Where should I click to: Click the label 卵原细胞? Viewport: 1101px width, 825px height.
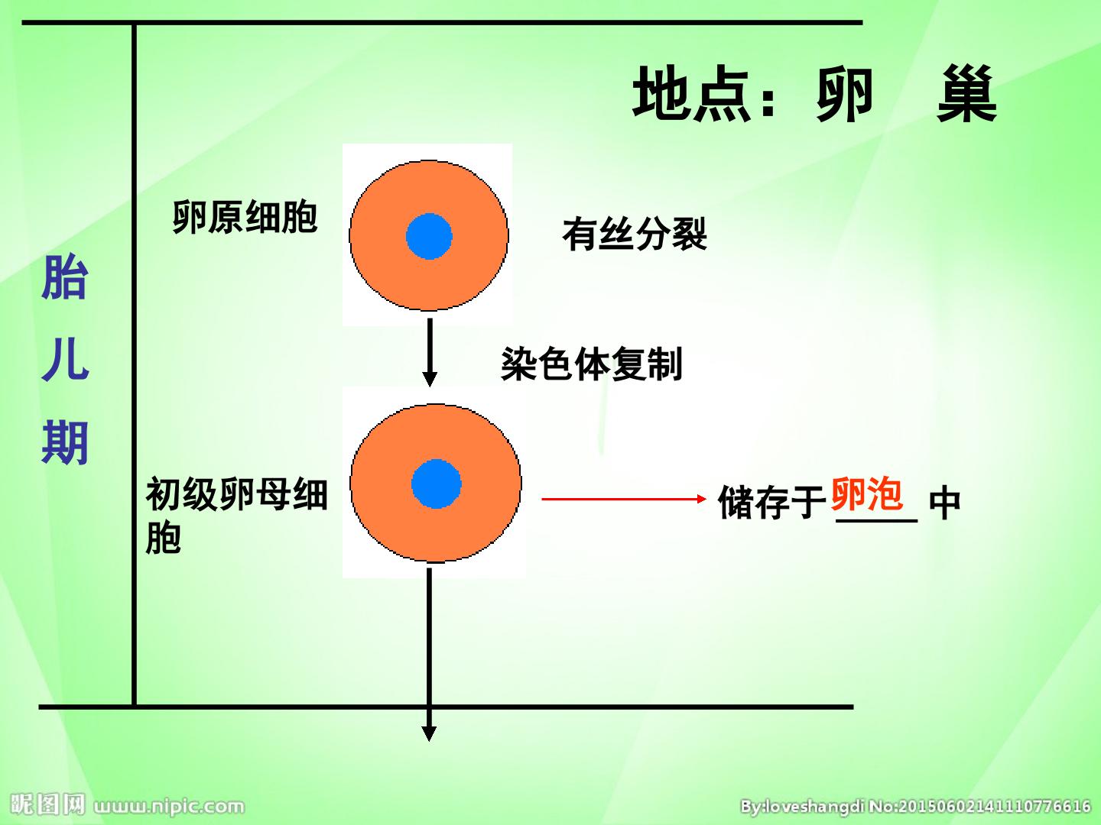[245, 217]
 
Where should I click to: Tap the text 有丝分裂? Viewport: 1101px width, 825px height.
[635, 234]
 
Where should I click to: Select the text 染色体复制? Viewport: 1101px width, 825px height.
[592, 364]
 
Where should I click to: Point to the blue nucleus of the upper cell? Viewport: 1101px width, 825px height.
[429, 237]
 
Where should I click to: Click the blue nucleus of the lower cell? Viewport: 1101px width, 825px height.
[437, 484]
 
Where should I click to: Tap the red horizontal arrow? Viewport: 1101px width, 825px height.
[624, 499]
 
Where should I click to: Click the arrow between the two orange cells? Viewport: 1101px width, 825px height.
[430, 353]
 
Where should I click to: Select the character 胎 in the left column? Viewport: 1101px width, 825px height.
[65, 277]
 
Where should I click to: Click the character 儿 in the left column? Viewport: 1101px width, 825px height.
[65, 359]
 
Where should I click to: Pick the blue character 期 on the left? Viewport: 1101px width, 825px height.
[65, 443]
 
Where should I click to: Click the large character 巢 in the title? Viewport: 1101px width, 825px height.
[966, 94]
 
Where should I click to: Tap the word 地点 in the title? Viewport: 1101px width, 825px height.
[691, 94]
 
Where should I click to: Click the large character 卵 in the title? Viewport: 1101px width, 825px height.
[845, 94]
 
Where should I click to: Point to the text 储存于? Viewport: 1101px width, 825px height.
[772, 502]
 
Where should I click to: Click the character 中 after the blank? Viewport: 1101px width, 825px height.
[944, 503]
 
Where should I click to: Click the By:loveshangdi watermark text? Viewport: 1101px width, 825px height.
[802, 806]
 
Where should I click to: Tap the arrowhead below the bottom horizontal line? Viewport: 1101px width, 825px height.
[429, 733]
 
